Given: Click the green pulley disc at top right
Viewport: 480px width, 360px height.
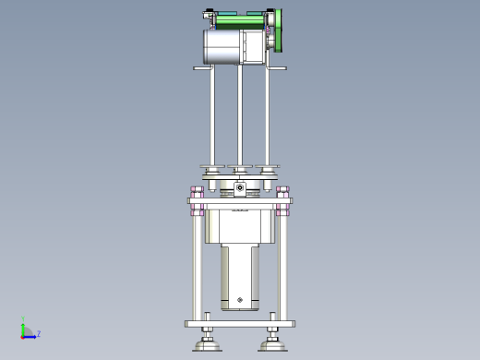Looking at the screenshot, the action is click(279, 30).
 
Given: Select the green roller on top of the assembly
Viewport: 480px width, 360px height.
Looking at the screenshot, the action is click(240, 22).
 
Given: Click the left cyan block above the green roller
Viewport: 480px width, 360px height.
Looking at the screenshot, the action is click(227, 13).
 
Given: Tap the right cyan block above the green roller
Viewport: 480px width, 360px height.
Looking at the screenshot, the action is click(256, 13).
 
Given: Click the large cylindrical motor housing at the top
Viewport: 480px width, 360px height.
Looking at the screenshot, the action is click(222, 47).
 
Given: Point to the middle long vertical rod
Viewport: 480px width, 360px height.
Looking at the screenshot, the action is click(240, 115).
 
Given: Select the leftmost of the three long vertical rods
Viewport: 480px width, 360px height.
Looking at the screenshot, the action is click(212, 115).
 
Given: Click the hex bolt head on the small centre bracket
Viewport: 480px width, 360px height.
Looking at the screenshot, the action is click(240, 187).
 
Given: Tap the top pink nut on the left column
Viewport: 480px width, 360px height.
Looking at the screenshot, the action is click(197, 189).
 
